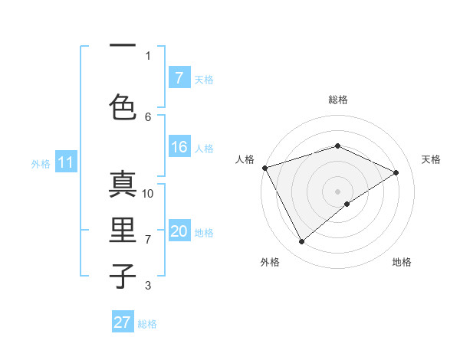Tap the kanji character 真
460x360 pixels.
pos(123,184)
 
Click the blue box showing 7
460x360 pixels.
pos(179,78)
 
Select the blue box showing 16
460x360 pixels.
pos(179,147)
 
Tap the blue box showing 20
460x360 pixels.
pos(179,231)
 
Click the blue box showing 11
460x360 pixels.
pos(65,162)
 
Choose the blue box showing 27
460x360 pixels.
pos(123,322)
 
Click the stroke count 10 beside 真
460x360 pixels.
pos(148,193)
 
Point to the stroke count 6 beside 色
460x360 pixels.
pos(148,116)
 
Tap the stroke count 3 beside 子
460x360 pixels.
pos(148,286)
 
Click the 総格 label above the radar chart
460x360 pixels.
pos(338,100)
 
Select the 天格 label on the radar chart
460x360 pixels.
pos(431,159)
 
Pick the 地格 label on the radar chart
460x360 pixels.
pos(402,262)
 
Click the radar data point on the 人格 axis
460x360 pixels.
pos(264,168)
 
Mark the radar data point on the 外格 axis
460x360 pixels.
pos(301,242)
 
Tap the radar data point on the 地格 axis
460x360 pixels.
pos(347,204)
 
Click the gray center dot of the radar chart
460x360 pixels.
pos(337,191)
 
